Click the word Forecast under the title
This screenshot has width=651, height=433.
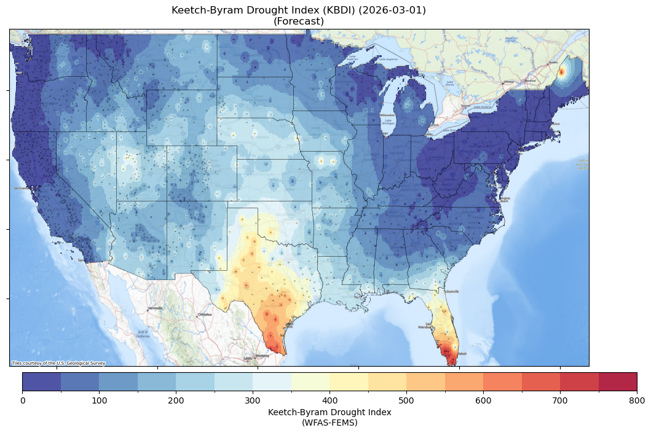click(x=299, y=21)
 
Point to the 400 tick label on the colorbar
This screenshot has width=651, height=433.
click(x=329, y=400)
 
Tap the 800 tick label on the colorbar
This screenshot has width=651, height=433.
click(x=637, y=400)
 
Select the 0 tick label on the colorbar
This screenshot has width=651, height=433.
click(x=23, y=400)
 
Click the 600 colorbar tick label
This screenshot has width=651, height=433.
click(x=483, y=400)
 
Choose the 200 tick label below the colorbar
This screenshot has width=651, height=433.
click(x=176, y=400)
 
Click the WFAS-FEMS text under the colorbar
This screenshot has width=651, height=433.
click(x=329, y=423)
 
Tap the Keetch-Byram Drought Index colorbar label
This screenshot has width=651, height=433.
click(x=329, y=412)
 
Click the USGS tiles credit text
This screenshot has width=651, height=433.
click(x=58, y=363)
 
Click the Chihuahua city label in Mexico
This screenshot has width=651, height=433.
click(x=204, y=314)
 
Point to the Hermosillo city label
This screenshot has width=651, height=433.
click(x=155, y=308)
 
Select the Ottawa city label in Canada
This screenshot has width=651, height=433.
click(x=508, y=82)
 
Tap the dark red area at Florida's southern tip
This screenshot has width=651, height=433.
click(x=451, y=356)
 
